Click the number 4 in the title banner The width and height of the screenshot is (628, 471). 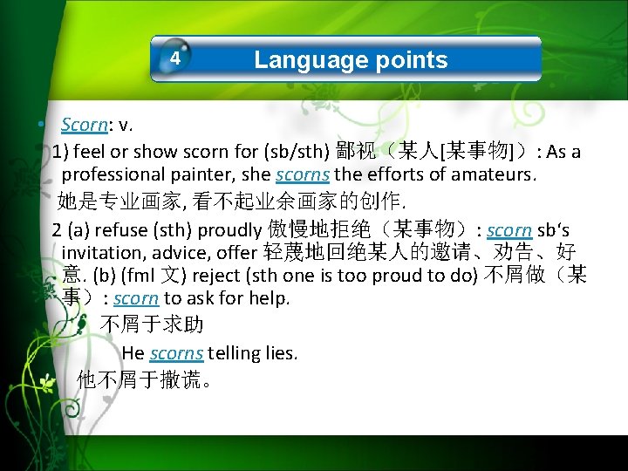pos(175,59)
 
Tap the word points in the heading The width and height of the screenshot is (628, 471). pos(411,60)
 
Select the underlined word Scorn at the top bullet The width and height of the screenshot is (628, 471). pos(84,126)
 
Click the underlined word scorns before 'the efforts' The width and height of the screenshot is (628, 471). pos(303,174)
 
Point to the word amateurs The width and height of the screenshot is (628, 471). pos(491,174)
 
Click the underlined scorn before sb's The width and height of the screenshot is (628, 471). pos(509,230)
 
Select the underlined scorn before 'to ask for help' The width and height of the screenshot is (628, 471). pos(136,298)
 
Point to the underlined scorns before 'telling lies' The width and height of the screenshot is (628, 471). pos(176,353)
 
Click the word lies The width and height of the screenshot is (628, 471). pos(281,353)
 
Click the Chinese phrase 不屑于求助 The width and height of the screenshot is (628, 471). pos(153,325)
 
